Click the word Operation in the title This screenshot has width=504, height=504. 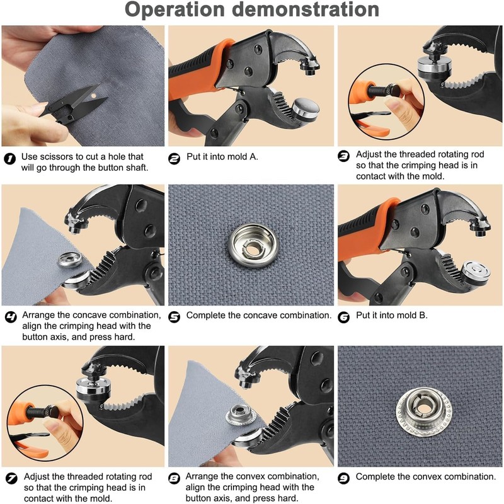pos(175,9)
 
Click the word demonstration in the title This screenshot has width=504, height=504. pos(306,9)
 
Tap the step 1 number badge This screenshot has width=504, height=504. pos(10,159)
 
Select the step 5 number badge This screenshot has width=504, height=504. pos(175,318)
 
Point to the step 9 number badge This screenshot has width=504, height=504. pos(343,479)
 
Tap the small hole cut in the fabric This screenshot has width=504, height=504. pos(93,96)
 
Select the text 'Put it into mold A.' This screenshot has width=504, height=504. pos(222,156)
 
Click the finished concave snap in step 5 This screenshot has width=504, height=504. pos(253,246)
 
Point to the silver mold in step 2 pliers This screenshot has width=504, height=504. pos(305,110)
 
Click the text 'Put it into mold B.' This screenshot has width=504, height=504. pos(392,316)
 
